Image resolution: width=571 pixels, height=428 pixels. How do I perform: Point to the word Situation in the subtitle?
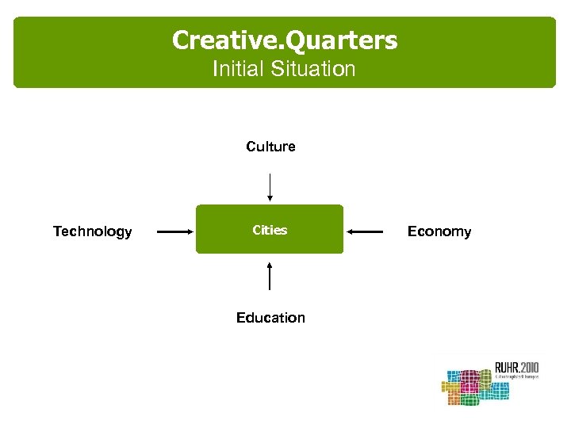(x=312, y=69)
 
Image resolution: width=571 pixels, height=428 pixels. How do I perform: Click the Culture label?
(x=270, y=147)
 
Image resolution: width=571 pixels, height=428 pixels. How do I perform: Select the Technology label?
(x=92, y=231)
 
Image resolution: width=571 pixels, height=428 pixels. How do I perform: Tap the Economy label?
(x=439, y=231)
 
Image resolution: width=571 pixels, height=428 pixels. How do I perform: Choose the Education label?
(x=270, y=318)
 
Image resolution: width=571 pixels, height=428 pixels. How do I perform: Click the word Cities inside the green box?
(x=270, y=230)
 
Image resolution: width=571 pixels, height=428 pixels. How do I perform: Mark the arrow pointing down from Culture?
(x=270, y=188)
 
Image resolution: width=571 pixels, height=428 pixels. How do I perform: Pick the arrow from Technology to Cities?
(x=175, y=231)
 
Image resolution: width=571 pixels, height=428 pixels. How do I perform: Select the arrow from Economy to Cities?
(x=366, y=231)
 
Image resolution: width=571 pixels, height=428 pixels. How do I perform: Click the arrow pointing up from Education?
(x=270, y=275)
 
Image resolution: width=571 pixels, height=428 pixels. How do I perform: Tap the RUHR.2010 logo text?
(x=516, y=366)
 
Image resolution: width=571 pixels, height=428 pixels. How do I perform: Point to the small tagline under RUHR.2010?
(x=516, y=377)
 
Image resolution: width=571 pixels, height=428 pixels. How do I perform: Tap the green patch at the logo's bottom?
(x=469, y=400)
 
